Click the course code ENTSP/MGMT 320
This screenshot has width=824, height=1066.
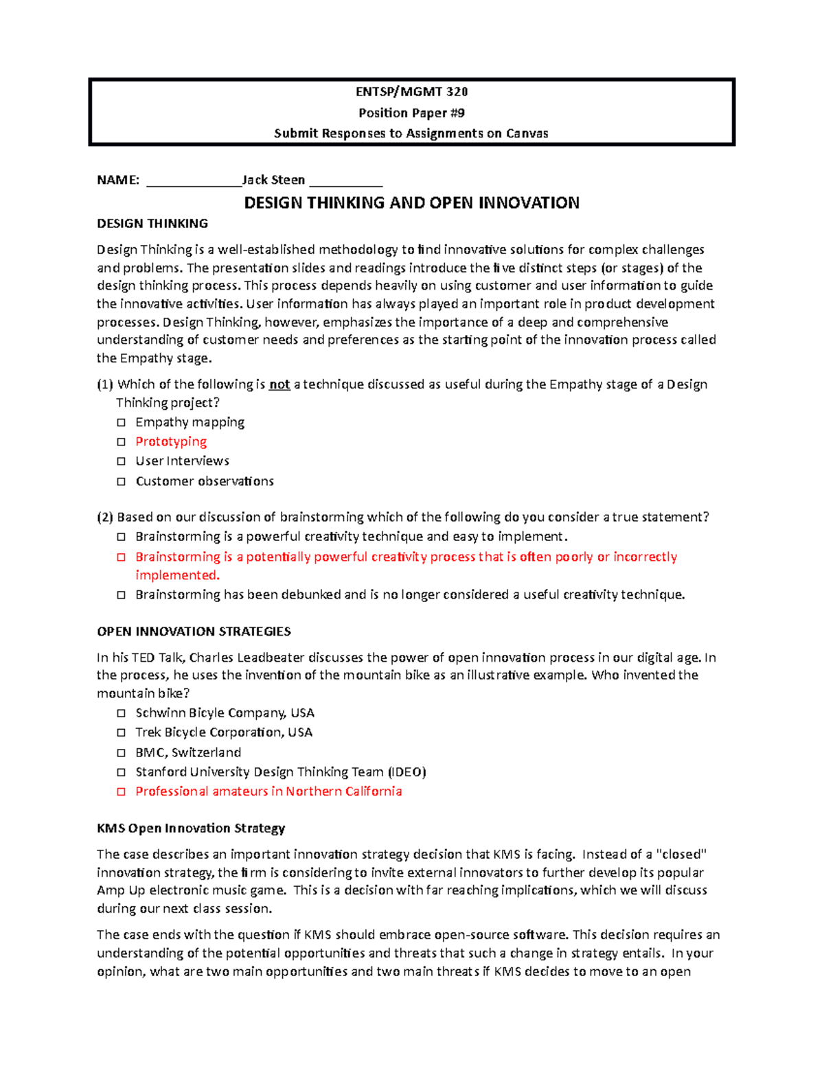pyautogui.click(x=411, y=92)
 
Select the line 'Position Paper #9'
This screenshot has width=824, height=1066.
pyautogui.click(x=411, y=113)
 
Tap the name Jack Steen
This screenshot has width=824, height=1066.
pyautogui.click(x=273, y=180)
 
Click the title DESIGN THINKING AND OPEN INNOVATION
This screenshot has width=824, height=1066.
pyautogui.click(x=411, y=202)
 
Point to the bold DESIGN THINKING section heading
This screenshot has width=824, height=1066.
pyautogui.click(x=152, y=223)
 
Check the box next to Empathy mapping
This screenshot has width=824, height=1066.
pyautogui.click(x=122, y=422)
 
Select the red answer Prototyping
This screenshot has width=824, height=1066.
pyautogui.click(x=171, y=441)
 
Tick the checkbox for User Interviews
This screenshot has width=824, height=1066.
pyautogui.click(x=122, y=461)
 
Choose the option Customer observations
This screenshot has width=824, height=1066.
pyautogui.click(x=204, y=481)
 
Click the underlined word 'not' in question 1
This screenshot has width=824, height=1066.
pyautogui.click(x=279, y=384)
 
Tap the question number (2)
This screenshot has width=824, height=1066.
pyautogui.click(x=105, y=517)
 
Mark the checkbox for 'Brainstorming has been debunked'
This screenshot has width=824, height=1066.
pyautogui.click(x=122, y=595)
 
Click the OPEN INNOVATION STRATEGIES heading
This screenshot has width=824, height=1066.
pyautogui.click(x=194, y=631)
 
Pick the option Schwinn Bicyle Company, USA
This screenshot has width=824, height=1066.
pyautogui.click(x=225, y=712)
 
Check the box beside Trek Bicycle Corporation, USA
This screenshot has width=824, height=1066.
pyautogui.click(x=122, y=733)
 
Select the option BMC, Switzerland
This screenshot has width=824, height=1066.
pyautogui.click(x=188, y=752)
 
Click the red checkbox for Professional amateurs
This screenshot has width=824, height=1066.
pyautogui.click(x=122, y=791)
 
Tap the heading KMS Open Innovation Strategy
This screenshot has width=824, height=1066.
pyautogui.click(x=191, y=828)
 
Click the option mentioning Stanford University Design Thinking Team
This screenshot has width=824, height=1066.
pyautogui.click(x=280, y=772)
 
